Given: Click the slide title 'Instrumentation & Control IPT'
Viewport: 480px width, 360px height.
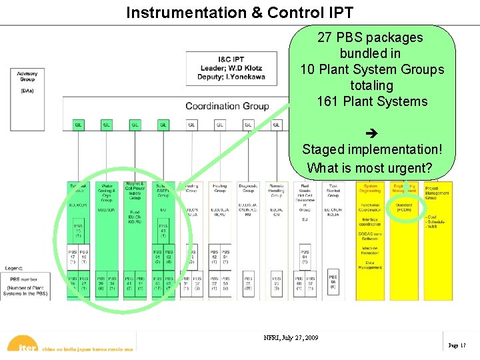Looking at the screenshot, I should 239,12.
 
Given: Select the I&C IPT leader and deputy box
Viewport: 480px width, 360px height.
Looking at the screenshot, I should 230,68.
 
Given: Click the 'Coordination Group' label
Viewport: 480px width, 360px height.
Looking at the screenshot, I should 227,105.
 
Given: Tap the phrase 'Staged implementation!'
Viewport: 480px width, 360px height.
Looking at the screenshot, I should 372,149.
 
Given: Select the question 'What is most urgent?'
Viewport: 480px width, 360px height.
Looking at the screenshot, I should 370,167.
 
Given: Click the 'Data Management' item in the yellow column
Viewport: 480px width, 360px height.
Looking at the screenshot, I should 370,265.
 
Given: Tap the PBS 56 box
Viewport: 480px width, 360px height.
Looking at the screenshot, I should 333,280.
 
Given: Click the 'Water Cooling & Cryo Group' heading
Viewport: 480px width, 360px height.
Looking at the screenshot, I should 106,193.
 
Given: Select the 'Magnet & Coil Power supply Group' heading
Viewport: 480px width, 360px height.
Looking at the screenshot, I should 135,192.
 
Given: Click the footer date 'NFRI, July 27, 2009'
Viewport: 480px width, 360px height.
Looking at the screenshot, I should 291,337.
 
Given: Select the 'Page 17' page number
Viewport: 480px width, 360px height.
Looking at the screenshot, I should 457,345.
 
